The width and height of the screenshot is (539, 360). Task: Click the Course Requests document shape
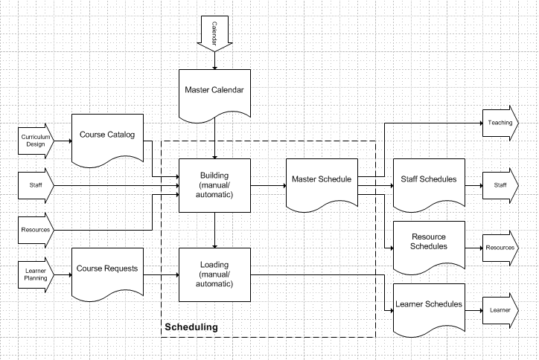tap(107, 270)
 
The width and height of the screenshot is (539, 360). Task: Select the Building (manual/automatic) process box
tap(214, 184)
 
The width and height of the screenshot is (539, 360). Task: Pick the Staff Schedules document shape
tap(428, 181)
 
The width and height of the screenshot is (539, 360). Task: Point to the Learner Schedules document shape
tap(428, 306)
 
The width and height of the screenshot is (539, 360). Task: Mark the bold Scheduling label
tap(191, 327)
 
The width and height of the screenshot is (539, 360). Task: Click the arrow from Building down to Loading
tap(214, 229)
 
